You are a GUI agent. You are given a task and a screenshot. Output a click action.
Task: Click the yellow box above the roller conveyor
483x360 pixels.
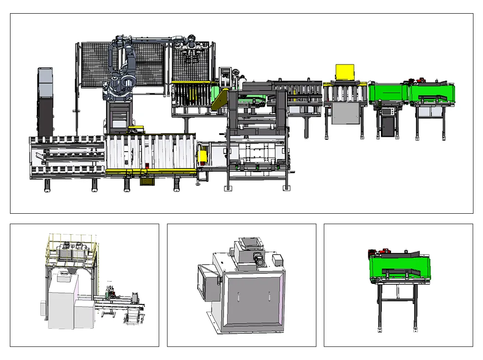345,72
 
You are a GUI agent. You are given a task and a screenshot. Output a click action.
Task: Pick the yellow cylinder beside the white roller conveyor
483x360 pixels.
202,157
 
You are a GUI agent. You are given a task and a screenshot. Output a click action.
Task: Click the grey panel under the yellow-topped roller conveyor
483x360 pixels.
345,113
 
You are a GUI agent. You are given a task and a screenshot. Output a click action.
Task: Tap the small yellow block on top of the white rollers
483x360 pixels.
135,129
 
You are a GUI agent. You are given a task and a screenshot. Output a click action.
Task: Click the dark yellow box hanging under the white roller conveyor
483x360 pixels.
147,181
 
